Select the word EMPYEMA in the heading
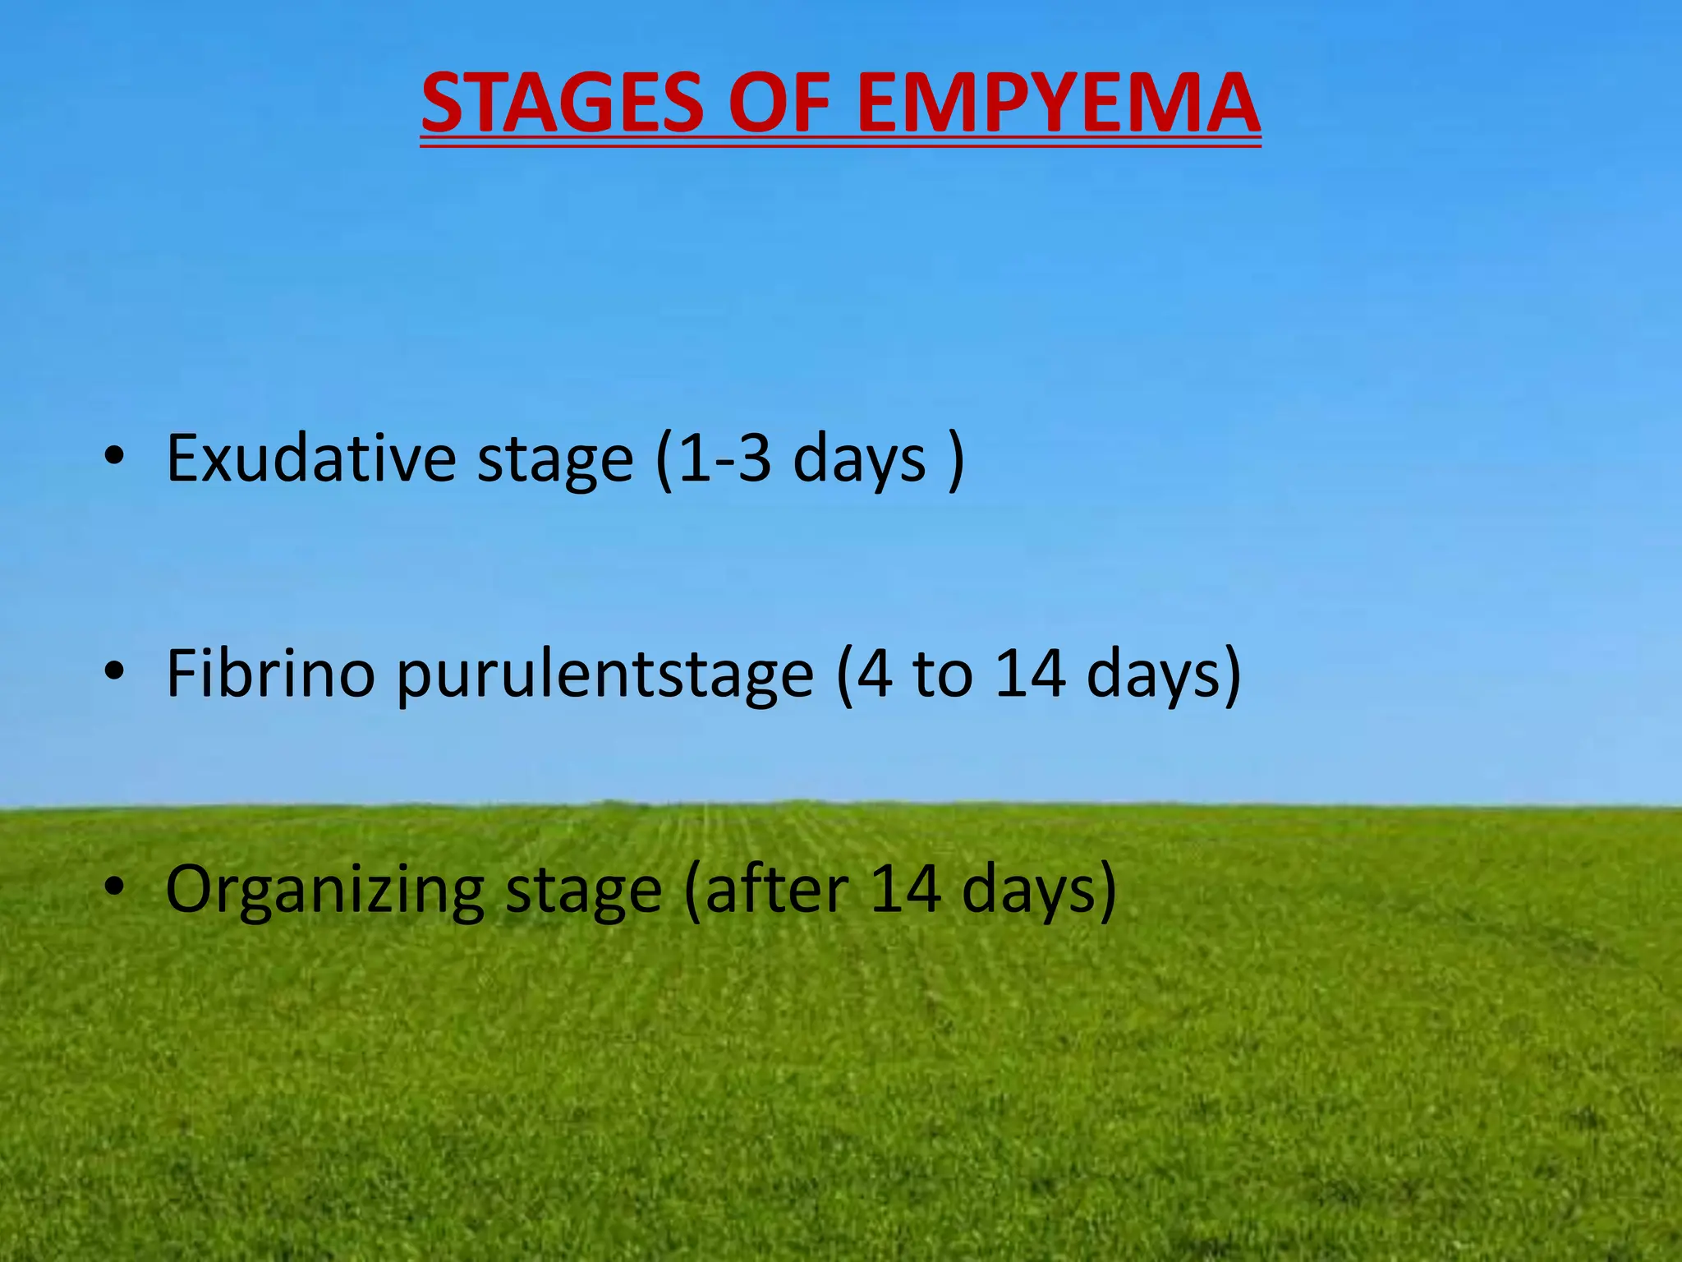tap(1058, 104)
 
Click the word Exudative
tap(310, 458)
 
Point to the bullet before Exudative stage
tap(114, 458)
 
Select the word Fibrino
tap(270, 674)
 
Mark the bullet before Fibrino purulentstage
tap(114, 673)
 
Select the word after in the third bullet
tap(777, 889)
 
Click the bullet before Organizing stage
tap(114, 888)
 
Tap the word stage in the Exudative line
tap(555, 460)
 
